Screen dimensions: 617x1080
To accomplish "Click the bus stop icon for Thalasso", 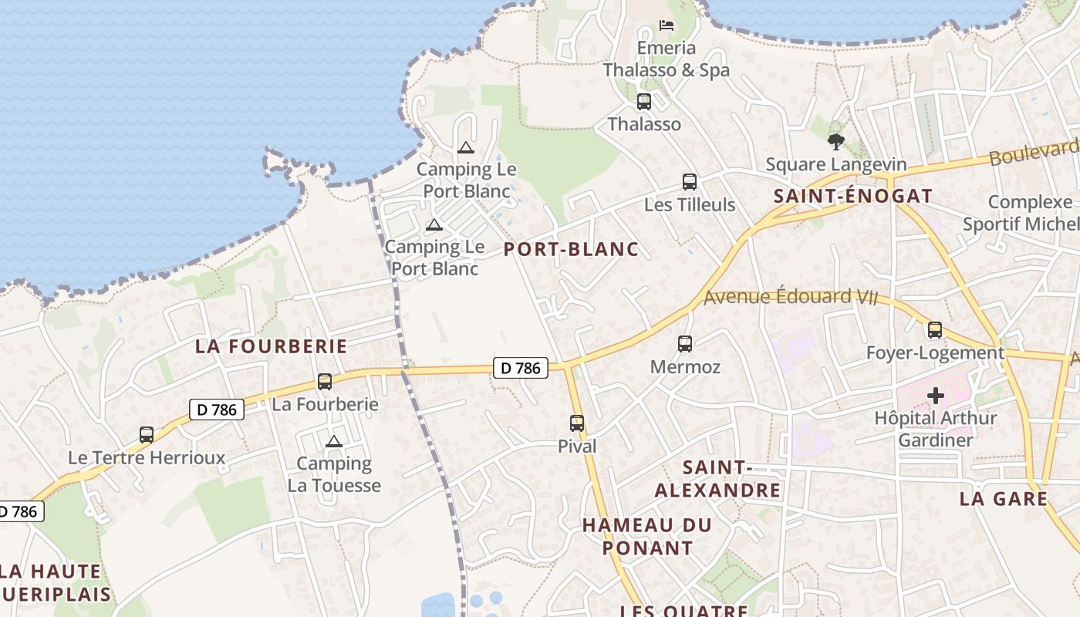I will pos(643,101).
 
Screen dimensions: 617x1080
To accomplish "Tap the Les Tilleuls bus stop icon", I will pos(690,182).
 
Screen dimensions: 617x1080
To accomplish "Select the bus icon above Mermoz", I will pos(685,344).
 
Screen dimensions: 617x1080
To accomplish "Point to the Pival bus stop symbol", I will pos(577,423).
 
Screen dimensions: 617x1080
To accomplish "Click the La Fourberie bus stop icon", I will pos(325,381).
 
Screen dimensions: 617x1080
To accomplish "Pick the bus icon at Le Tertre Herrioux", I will pos(147,434).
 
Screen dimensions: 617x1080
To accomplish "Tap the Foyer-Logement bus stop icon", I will pos(935,330).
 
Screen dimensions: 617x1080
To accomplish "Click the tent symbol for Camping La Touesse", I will pos(333,442).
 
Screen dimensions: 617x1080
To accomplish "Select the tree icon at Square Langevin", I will pos(835,141).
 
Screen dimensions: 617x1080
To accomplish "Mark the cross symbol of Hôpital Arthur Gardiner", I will pos(936,396).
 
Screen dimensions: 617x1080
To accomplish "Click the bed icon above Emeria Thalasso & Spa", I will pos(667,25).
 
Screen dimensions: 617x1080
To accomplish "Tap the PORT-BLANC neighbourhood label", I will pos(571,249).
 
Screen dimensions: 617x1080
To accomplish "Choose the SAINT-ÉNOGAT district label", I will pos(853,196).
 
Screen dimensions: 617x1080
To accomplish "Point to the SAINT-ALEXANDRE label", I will pos(717,479).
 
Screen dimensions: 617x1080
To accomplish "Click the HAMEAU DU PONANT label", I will pos(647,536).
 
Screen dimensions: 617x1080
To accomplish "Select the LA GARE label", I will pos(1004,499).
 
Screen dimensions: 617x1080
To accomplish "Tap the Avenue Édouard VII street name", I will pos(791,297).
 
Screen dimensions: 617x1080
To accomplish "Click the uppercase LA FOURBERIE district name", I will pos(272,346).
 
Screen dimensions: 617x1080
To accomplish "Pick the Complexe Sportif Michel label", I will pos(1021,213).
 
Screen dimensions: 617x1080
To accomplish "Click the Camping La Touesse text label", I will pos(334,474).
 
